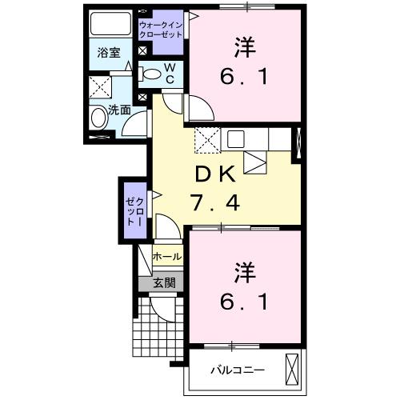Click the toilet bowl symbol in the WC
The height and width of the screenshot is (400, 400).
(151, 74)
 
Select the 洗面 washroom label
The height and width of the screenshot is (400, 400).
(120, 110)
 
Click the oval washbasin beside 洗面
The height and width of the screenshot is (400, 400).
(98, 119)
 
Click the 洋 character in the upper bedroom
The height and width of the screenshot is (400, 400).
(245, 46)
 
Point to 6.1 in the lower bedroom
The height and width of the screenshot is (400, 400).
(245, 302)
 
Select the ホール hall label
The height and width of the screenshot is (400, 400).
(166, 258)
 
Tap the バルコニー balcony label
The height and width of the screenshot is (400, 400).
(238, 370)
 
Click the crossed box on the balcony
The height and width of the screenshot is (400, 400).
(292, 370)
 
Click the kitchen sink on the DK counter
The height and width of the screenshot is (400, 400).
(235, 138)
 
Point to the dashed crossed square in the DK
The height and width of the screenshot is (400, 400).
(206, 140)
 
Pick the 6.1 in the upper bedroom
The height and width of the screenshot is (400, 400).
(245, 78)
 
